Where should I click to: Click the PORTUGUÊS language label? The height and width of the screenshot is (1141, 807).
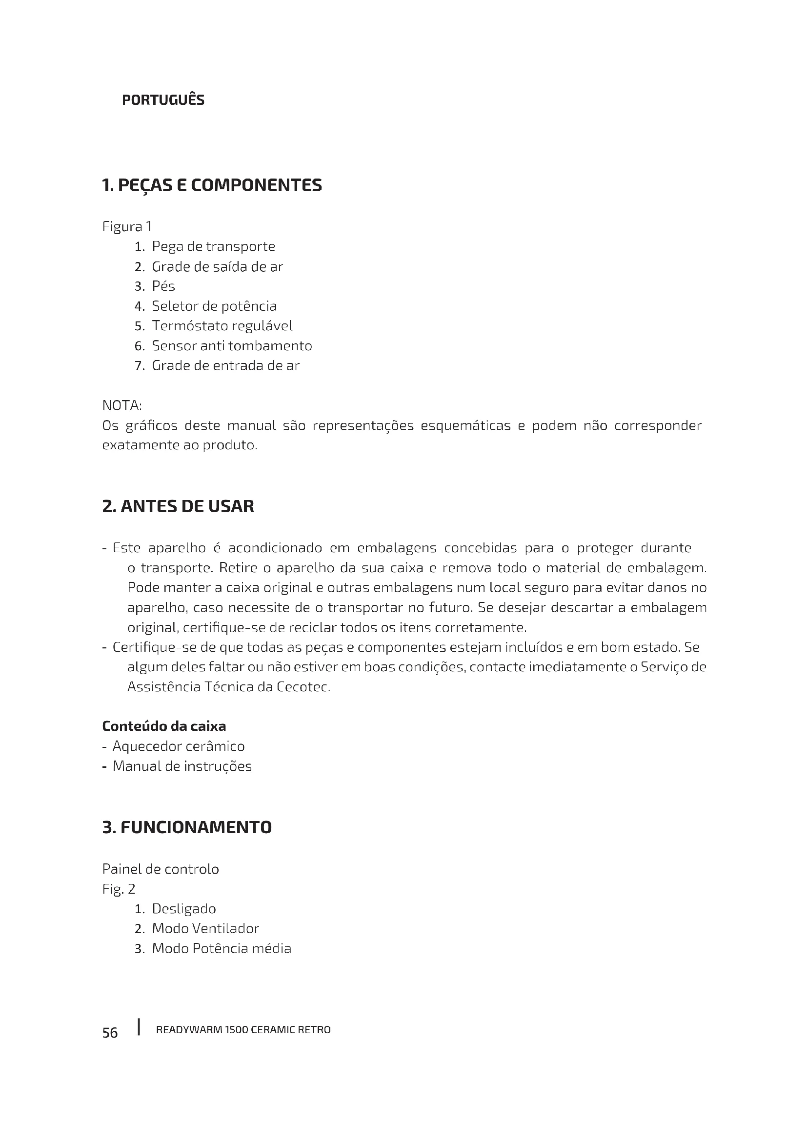[163, 100]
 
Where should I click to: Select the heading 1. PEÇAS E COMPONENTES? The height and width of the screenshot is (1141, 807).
[212, 185]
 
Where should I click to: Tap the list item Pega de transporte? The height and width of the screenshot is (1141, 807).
[213, 246]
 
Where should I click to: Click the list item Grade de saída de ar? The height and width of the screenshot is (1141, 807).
[217, 267]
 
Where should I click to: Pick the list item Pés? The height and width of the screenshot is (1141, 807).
[163, 286]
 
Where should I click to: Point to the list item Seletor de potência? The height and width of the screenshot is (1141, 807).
[214, 306]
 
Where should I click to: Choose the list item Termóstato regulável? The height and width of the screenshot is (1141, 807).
[222, 326]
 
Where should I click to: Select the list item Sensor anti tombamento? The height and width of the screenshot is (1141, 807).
[232, 346]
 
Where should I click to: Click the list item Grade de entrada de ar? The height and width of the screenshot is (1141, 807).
[225, 366]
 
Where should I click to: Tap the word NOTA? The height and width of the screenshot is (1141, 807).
[122, 405]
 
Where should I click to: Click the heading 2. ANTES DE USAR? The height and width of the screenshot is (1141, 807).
[178, 506]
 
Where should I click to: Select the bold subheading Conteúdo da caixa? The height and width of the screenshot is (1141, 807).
[164, 726]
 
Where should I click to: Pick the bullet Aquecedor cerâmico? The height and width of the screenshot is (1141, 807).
[179, 746]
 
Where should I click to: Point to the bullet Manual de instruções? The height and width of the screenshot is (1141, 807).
[182, 766]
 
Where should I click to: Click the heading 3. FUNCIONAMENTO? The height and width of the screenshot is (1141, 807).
[187, 827]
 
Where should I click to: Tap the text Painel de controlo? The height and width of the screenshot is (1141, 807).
[161, 869]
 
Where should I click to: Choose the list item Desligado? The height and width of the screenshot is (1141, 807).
[184, 908]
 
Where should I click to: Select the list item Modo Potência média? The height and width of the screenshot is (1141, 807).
[221, 948]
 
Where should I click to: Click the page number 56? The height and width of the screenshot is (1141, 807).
[110, 1033]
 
